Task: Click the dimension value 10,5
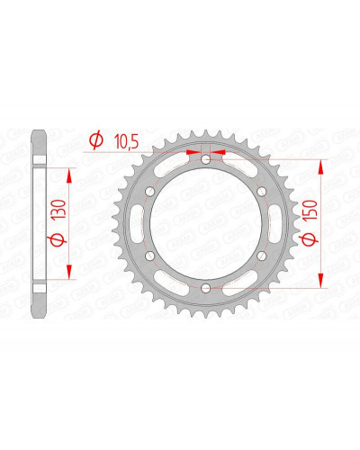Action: (x=126, y=142)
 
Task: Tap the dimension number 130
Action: (x=58, y=209)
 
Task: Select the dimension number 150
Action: (x=310, y=211)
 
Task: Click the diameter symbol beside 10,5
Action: (x=96, y=141)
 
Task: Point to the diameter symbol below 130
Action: (x=58, y=239)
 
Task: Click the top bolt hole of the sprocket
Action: (x=205, y=159)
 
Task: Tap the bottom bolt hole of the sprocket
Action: (x=205, y=288)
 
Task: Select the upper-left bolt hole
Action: (x=149, y=192)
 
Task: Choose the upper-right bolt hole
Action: (x=262, y=192)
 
